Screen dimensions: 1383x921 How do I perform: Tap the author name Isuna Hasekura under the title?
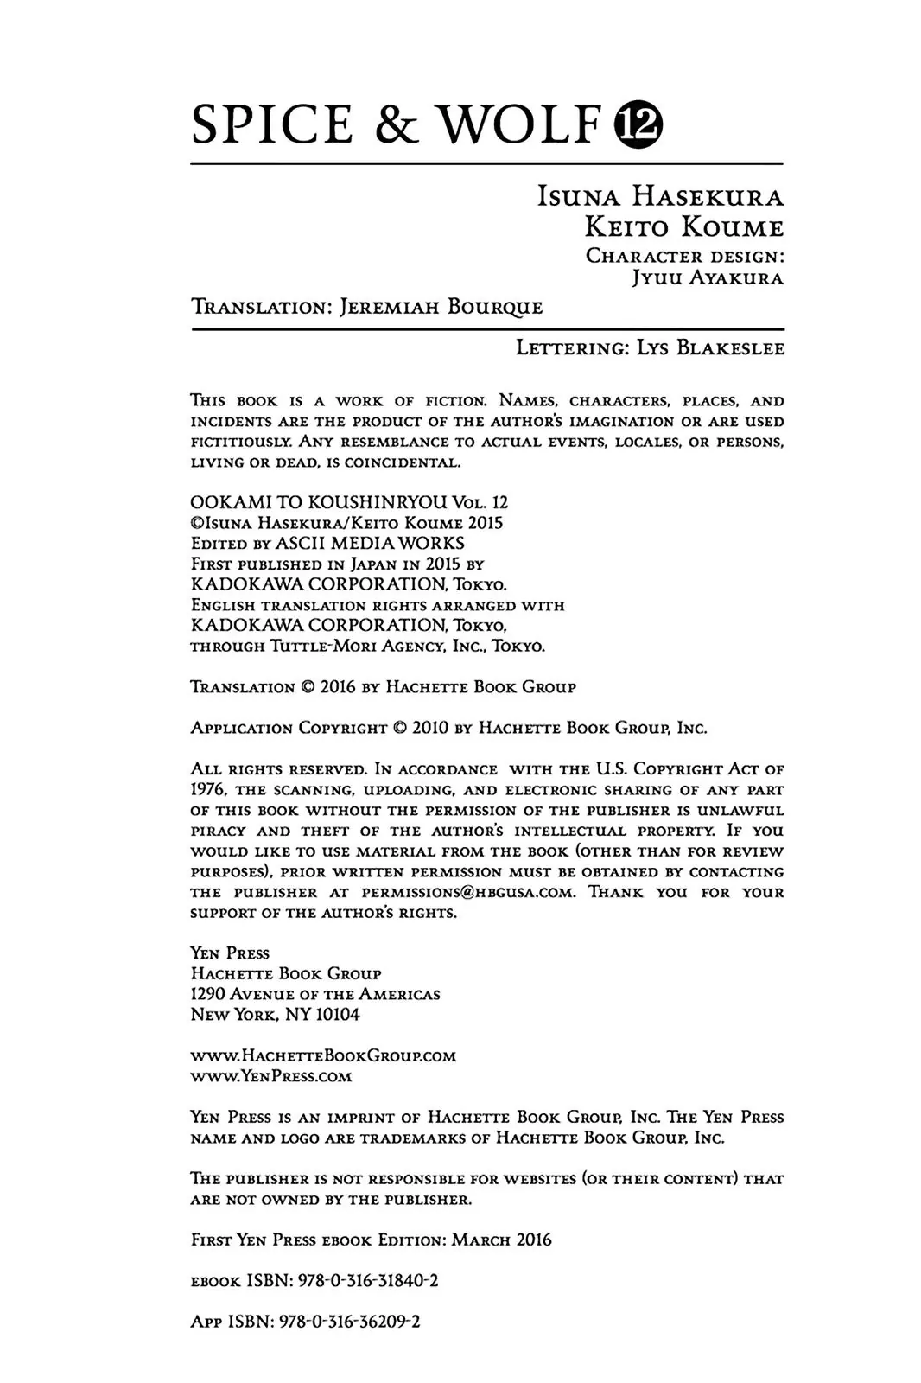pos(660,197)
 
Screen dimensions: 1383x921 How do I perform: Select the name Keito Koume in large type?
pos(684,227)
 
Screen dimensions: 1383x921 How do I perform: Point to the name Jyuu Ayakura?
pos(708,278)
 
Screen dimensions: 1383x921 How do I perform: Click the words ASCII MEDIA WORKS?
pos(370,543)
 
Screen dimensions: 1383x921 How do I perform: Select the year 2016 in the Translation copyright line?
pos(338,687)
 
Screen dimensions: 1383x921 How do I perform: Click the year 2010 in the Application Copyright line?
pos(430,728)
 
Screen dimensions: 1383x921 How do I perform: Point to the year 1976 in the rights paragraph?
pos(208,789)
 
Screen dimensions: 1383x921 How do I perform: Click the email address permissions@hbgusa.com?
pos(467,892)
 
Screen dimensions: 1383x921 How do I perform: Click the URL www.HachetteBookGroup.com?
pos(323,1055)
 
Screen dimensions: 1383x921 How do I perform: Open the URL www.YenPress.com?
pos(270,1076)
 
